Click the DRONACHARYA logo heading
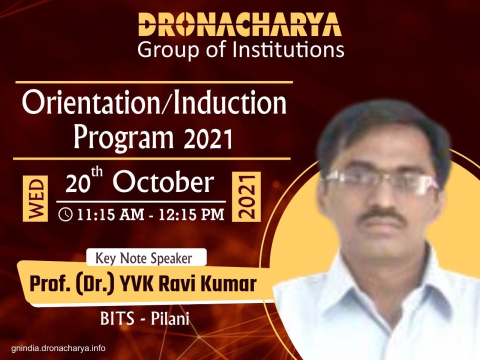pyautogui.click(x=239, y=25)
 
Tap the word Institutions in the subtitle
pyautogui.click(x=288, y=50)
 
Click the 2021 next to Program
pyautogui.click(x=207, y=138)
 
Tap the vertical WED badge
pyautogui.click(x=35, y=198)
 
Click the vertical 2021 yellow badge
pyautogui.click(x=246, y=196)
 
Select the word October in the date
pyautogui.click(x=163, y=183)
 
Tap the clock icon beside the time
pyautogui.click(x=65, y=214)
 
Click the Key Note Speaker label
pyautogui.click(x=144, y=258)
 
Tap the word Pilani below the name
pyautogui.click(x=170, y=318)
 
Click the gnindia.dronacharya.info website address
pyautogui.click(x=58, y=348)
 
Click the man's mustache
pyautogui.click(x=381, y=215)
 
